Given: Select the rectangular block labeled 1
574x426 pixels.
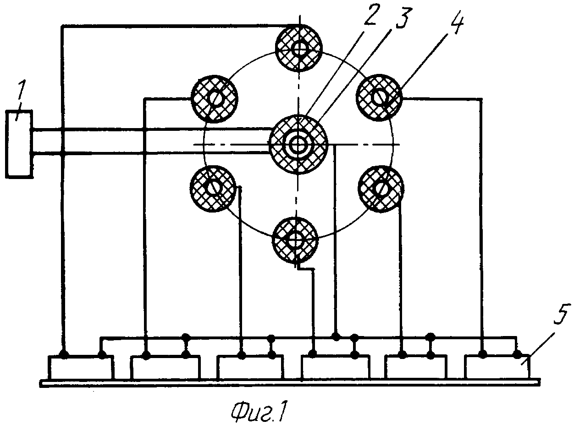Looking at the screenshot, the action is (x=19, y=144).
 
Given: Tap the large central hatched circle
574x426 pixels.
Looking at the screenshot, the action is (x=298, y=144).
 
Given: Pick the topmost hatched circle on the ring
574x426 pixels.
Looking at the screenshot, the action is (x=298, y=48).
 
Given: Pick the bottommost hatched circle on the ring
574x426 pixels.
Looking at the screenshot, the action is (x=295, y=240).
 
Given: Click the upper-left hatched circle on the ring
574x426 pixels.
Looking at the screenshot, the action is (x=215, y=99).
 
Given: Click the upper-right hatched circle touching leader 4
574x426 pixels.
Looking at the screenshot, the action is (x=380, y=97).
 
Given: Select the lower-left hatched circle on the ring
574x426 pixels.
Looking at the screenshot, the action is (x=213, y=188).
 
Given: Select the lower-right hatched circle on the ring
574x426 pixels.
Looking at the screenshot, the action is (x=381, y=189).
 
